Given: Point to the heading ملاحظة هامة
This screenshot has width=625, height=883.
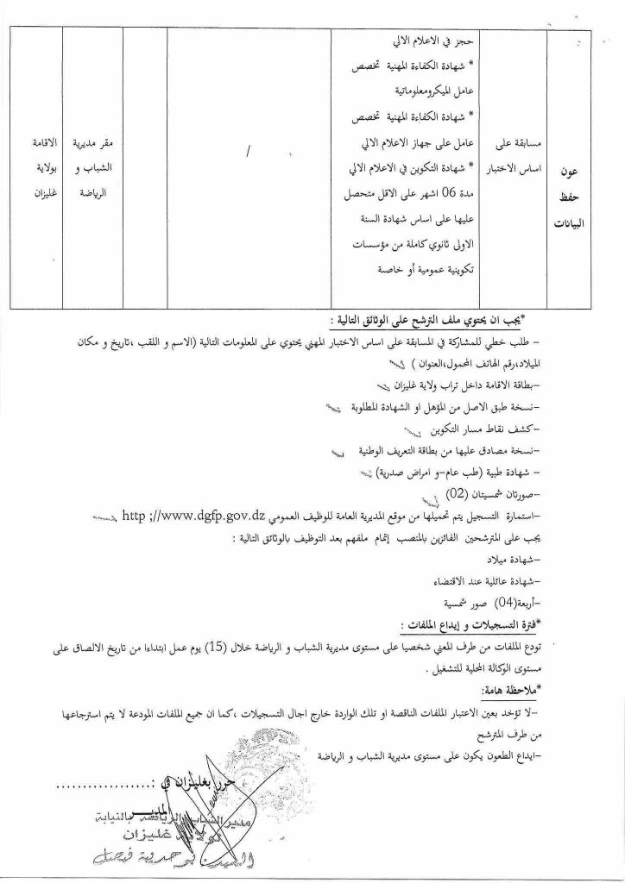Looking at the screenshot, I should (503, 691).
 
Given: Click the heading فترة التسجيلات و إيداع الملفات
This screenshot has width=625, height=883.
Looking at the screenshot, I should (473, 621).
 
